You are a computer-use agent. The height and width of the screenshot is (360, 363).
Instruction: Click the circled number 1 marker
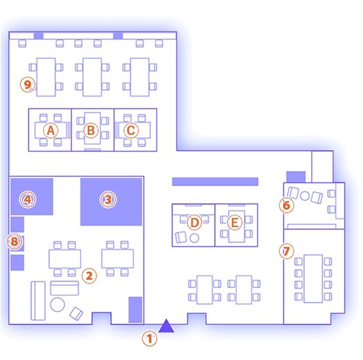(x=149, y=339)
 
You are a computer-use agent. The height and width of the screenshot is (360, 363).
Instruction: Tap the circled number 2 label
(x=89, y=276)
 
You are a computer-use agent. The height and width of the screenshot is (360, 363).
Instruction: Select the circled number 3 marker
(x=108, y=200)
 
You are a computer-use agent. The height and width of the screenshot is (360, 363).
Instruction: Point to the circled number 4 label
(x=28, y=199)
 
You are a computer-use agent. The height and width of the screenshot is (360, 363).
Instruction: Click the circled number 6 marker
(x=286, y=205)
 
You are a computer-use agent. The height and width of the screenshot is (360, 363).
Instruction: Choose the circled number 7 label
(x=286, y=251)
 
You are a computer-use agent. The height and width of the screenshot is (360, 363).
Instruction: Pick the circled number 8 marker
(x=14, y=242)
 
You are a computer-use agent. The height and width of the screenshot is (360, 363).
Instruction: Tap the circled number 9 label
(x=28, y=84)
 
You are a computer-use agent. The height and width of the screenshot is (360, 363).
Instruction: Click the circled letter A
(x=50, y=130)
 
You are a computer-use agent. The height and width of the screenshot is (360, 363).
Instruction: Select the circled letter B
(x=90, y=130)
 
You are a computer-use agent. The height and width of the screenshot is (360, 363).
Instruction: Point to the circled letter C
(x=131, y=130)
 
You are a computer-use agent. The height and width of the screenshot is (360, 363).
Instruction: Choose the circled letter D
(x=195, y=223)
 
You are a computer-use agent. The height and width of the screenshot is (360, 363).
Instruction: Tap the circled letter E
(x=235, y=223)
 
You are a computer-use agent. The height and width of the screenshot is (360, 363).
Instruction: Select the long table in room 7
(x=313, y=279)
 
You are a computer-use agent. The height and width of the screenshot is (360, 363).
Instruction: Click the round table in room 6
(x=305, y=196)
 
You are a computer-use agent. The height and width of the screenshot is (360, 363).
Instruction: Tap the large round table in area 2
(x=58, y=304)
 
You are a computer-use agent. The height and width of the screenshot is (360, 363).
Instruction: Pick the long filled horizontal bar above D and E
(x=215, y=181)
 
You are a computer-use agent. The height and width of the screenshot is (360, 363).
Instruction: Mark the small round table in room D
(x=194, y=238)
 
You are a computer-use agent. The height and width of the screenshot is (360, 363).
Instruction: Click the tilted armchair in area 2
(x=76, y=314)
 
